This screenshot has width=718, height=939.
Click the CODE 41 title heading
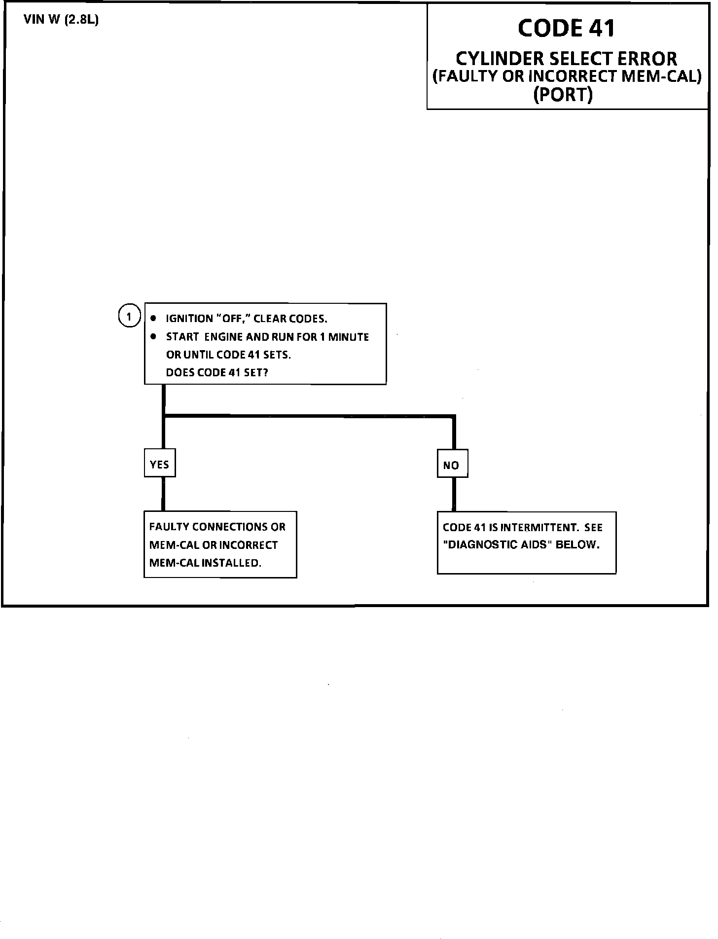pyautogui.click(x=567, y=28)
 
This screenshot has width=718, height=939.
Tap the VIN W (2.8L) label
pyautogui.click(x=61, y=21)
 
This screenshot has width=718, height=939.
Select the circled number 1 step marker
pyautogui.click(x=129, y=316)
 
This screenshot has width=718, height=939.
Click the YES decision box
pyautogui.click(x=160, y=464)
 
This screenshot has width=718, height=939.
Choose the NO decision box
pyautogui.click(x=452, y=465)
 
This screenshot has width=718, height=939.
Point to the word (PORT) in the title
pyautogui.click(x=563, y=94)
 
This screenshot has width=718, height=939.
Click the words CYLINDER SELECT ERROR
pyautogui.click(x=567, y=59)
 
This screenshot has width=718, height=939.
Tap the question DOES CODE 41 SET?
pyautogui.click(x=217, y=372)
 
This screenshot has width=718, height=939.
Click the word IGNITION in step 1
pyautogui.click(x=189, y=319)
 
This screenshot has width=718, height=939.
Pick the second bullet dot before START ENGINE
pyautogui.click(x=153, y=336)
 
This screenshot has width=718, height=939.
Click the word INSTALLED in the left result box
pyautogui.click(x=231, y=563)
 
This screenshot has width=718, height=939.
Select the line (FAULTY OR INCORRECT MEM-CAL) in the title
pyautogui.click(x=567, y=76)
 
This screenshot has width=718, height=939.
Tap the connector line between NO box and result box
pyautogui.click(x=454, y=495)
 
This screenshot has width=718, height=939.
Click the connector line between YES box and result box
pyautogui.click(x=163, y=494)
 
